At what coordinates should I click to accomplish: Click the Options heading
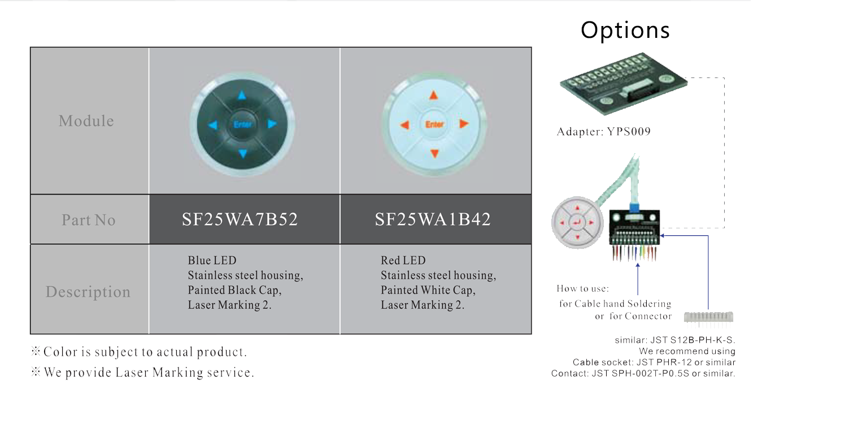[625, 30]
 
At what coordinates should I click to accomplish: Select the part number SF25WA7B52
[240, 219]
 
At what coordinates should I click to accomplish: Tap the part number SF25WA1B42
[433, 219]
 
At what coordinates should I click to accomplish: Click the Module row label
[86, 121]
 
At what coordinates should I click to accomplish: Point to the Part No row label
[89, 220]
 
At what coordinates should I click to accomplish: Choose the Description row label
[88, 292]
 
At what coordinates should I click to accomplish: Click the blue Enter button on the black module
[242, 124]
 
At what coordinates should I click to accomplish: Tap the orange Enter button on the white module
[434, 124]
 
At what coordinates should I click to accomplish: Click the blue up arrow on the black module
[242, 95]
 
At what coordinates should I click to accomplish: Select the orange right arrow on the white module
[464, 124]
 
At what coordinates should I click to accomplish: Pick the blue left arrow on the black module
[213, 125]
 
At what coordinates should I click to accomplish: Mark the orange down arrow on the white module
[434, 153]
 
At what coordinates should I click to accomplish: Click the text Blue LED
[212, 261]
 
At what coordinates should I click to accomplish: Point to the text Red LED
[403, 261]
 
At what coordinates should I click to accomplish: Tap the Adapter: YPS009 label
[604, 132]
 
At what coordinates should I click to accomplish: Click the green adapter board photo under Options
[624, 84]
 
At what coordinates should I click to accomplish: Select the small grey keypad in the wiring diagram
[577, 223]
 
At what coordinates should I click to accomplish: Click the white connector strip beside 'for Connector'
[708, 317]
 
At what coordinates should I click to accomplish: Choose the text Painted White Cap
[428, 290]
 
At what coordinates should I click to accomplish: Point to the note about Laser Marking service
[143, 372]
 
